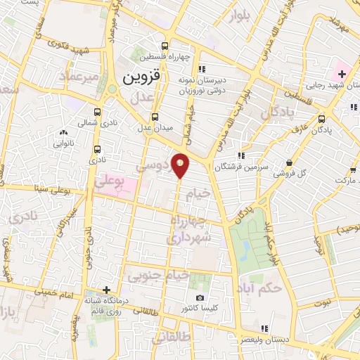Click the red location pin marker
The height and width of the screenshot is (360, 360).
pos(180,165)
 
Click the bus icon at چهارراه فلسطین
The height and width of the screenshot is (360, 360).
pos(165,43)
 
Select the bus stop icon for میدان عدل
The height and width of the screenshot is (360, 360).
pos(155,117)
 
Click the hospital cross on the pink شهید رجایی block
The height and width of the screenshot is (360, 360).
pos(342,74)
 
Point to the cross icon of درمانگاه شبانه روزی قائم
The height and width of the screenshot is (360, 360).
pos(106,290)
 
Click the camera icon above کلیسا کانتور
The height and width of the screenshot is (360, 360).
pos(200,298)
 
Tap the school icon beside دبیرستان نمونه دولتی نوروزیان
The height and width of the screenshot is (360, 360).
pos(202,69)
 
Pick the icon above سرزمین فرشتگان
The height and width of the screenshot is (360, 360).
pos(240,155)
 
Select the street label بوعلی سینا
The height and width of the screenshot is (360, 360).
pos(45,188)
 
